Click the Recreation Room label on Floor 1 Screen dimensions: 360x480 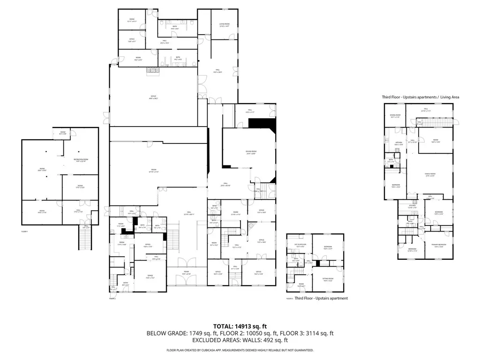click(x=80, y=160)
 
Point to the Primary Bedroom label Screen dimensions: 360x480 click(x=440, y=245)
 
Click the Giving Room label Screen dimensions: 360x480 click(x=250, y=152)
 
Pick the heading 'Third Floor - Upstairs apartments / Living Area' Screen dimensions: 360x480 click(x=420, y=97)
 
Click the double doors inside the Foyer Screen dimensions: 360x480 click(x=186, y=280)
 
